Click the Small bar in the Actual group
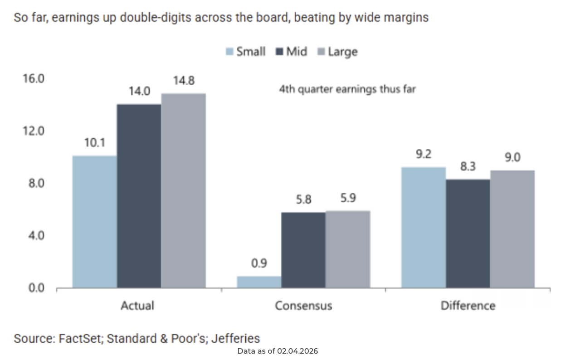point(95,222)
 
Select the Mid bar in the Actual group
point(139,196)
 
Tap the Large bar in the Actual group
point(184,190)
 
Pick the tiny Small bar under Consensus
point(259,282)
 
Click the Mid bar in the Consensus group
point(303,250)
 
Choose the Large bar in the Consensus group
point(348,249)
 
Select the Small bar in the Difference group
point(424,227)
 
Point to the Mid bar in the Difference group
point(468,234)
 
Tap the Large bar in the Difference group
point(512,229)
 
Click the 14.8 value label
point(183,81)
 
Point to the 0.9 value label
point(259,263)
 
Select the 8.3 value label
point(468,166)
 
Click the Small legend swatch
point(229,52)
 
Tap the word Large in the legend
point(342,52)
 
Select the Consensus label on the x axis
point(303,306)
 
